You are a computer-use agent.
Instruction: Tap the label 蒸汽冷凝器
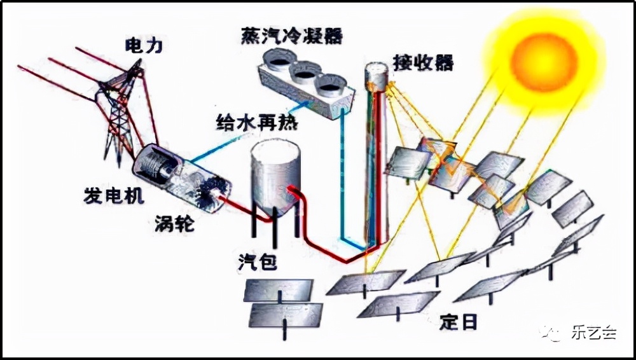pos(292,36)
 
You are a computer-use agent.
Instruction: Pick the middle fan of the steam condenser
pos(304,72)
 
